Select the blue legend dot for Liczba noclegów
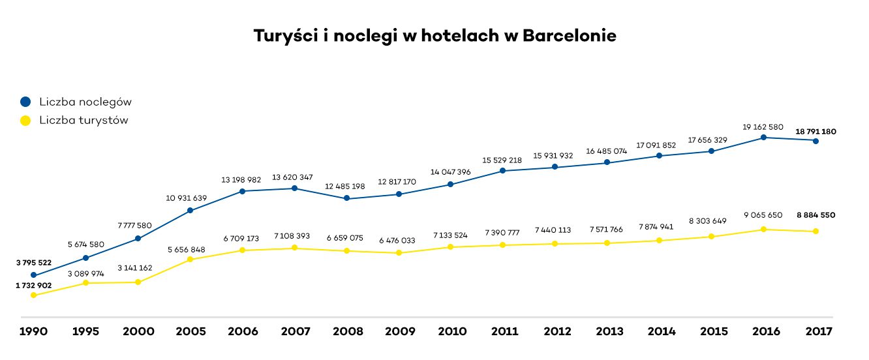(25, 102)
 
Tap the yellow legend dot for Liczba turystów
(25, 120)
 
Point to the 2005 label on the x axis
(191, 331)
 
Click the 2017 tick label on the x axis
(818, 331)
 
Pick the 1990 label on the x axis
(33, 331)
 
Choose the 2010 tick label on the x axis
(452, 331)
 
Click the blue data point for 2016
(763, 137)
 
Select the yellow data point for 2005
(190, 260)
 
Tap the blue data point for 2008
(346, 198)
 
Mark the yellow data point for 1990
(33, 295)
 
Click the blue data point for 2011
(502, 171)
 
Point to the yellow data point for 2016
(763, 230)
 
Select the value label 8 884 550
(816, 215)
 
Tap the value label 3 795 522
(33, 263)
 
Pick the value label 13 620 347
(294, 177)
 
